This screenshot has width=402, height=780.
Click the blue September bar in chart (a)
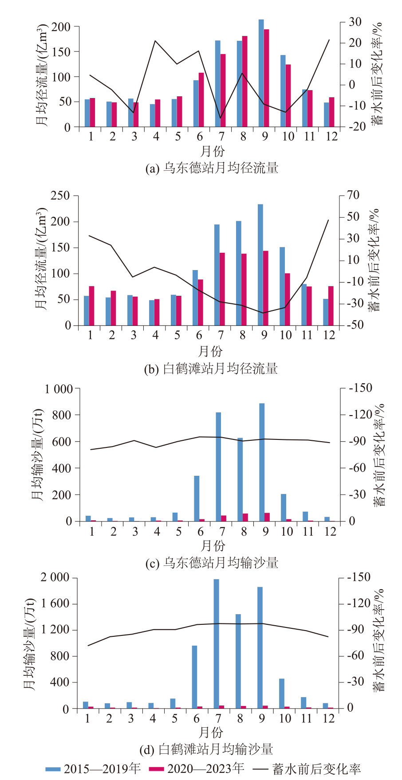pos(261,73)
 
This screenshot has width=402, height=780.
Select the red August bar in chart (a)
pos(244,82)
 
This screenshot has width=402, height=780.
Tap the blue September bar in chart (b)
pos(260,265)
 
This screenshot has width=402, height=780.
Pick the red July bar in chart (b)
pos(222,289)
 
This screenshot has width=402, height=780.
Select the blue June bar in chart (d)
pos(194,677)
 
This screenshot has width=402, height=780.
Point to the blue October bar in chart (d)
pos(282,694)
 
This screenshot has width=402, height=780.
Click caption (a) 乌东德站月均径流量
pos(212,168)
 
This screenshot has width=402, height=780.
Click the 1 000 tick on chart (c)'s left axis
pos(59,389)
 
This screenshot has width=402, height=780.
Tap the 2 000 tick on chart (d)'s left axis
pos(55,578)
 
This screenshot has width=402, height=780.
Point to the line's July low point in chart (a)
pos(221,118)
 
